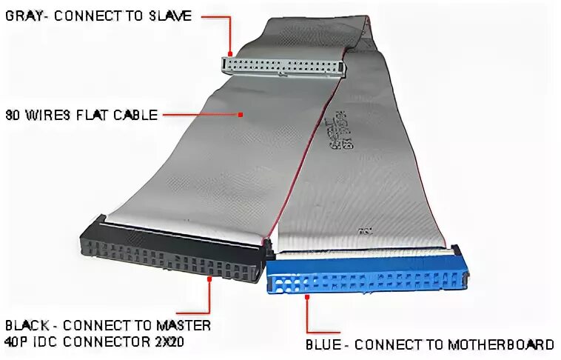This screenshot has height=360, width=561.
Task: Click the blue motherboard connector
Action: [366, 276]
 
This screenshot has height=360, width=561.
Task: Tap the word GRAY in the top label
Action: [21, 16]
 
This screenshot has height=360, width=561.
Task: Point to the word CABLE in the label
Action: [135, 115]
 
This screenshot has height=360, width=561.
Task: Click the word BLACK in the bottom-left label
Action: [27, 325]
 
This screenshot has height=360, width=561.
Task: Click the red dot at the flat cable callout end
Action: [241, 114]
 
